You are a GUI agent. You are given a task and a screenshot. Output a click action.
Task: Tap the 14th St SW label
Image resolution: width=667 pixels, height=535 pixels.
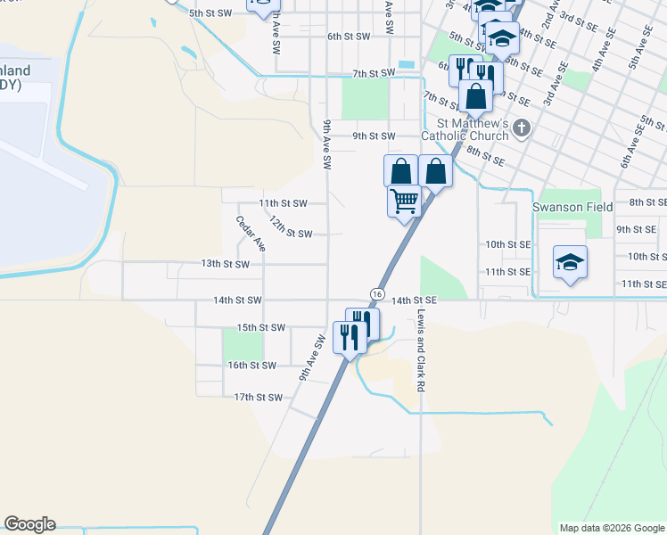(238, 301)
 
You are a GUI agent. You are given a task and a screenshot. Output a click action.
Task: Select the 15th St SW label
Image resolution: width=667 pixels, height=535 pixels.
(261, 328)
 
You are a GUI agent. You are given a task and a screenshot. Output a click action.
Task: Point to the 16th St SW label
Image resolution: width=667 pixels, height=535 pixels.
(252, 366)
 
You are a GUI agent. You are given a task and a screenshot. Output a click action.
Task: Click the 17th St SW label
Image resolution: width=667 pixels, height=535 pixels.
(258, 398)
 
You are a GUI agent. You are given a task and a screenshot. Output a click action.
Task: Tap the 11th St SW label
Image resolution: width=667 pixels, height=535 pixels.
(283, 203)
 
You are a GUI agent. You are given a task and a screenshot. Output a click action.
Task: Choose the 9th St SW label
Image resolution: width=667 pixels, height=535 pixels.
(373, 136)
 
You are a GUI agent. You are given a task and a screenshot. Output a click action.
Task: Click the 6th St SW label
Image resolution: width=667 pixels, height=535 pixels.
(348, 37)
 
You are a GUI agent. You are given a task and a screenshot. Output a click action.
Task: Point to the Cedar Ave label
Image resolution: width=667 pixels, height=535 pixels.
(251, 233)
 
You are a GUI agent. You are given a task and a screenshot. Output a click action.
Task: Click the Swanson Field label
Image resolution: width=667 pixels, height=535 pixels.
(572, 207)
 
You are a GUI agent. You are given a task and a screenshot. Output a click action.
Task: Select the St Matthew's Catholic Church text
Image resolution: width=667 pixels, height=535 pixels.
(473, 129)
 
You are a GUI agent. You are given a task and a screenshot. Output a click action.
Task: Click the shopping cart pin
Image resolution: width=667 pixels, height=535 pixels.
(404, 202)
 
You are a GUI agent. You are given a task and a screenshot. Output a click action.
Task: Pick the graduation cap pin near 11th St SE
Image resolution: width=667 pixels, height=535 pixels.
(570, 263)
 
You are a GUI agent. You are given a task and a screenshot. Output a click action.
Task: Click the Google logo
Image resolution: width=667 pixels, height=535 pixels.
(29, 524)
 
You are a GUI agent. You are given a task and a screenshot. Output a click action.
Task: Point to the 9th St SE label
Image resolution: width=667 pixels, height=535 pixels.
(636, 229)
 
